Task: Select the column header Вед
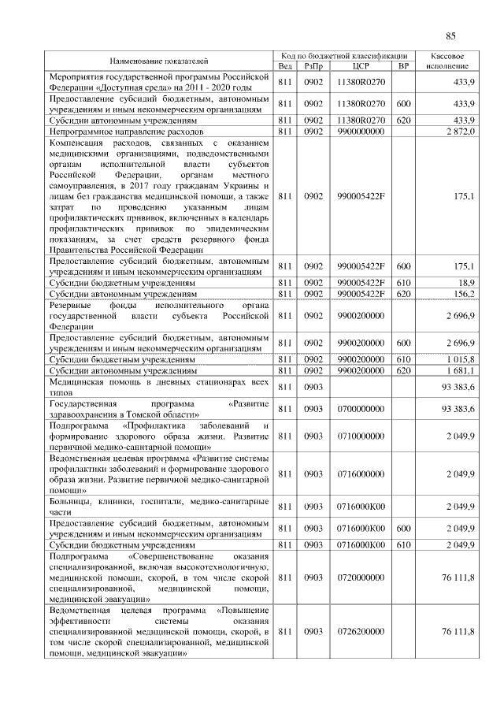pos(285,66)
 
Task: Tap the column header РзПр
pos(313,66)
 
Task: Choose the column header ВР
pos(404,66)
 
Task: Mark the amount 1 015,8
pos(459,358)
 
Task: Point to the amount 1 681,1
pos(459,369)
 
